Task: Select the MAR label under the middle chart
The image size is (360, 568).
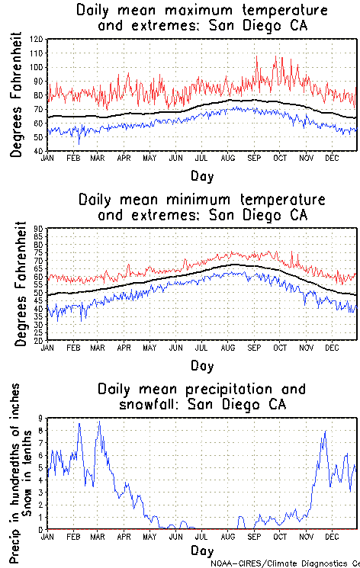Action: click(98, 348)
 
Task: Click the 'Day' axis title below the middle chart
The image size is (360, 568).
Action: click(202, 365)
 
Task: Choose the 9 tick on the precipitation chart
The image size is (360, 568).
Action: click(42, 419)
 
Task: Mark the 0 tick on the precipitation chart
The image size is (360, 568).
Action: click(42, 529)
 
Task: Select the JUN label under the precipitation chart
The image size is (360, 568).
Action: click(176, 537)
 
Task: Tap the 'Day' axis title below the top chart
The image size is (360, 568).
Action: click(202, 175)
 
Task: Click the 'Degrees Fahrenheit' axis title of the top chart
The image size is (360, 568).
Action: click(17, 95)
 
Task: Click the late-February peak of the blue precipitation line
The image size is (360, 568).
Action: click(79, 423)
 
